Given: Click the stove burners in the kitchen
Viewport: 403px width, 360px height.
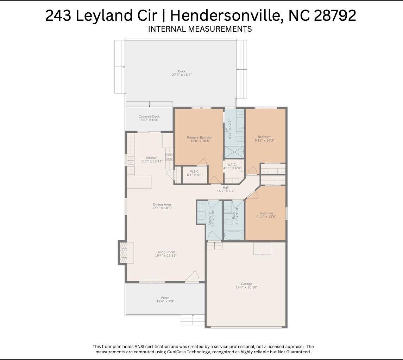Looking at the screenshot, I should (169, 157).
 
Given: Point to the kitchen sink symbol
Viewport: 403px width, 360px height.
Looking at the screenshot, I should (131, 160).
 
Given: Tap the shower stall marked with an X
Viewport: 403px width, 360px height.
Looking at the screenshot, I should (234, 152).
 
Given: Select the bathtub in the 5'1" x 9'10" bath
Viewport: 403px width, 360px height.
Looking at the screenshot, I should (234, 235).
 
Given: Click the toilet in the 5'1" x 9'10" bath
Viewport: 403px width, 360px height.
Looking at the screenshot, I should (228, 222).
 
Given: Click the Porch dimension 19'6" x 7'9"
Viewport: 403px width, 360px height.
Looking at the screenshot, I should (165, 301).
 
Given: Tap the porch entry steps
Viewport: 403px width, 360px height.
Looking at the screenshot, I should (188, 320).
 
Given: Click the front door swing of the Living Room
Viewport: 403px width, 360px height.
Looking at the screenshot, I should (192, 277).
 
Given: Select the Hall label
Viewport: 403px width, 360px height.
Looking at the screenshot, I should (226, 188).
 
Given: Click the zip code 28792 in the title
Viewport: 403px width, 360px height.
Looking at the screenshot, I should (335, 15).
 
